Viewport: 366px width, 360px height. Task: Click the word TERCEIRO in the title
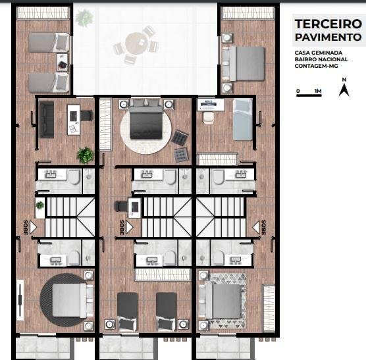click(x=328, y=24)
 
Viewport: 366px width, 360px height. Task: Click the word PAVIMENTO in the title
click(x=328, y=37)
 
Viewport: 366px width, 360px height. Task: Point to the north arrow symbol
click(x=344, y=90)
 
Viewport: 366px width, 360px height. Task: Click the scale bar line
click(x=309, y=95)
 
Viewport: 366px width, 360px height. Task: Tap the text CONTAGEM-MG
click(x=316, y=66)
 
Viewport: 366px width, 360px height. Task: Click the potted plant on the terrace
click(x=84, y=18)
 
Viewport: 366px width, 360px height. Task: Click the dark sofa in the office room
click(x=47, y=120)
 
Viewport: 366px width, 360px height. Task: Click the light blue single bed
click(x=243, y=120)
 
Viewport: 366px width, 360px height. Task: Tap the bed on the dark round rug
click(x=70, y=300)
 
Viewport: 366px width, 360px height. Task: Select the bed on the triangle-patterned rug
click(x=223, y=301)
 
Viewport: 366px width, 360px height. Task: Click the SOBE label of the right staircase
click(x=263, y=227)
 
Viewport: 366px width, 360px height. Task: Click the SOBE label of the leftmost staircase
click(x=26, y=227)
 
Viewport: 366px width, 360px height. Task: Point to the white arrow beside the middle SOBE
click(x=130, y=227)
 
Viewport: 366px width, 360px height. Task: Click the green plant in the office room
click(x=85, y=155)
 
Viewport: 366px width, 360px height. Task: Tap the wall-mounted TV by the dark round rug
click(x=20, y=300)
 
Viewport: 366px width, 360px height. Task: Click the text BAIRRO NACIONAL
click(x=321, y=59)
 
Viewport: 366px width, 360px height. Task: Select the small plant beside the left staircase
click(x=40, y=205)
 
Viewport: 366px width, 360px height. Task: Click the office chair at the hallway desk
click(x=121, y=207)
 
